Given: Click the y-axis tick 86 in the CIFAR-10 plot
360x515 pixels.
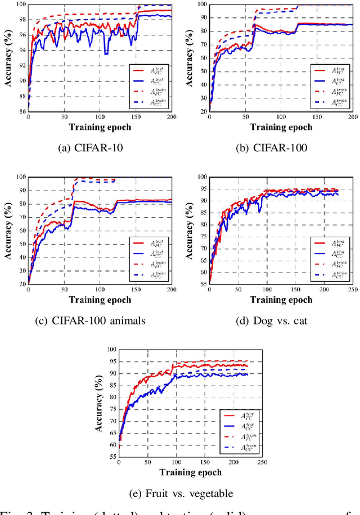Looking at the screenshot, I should [22, 111].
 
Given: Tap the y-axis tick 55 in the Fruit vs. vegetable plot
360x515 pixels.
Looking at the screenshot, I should [113, 458].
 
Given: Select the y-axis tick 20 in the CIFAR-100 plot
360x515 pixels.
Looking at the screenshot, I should [204, 111].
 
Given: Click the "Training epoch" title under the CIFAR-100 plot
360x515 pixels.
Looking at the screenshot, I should [281, 127].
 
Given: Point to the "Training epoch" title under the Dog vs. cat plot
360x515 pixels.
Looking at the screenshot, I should [281, 299].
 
